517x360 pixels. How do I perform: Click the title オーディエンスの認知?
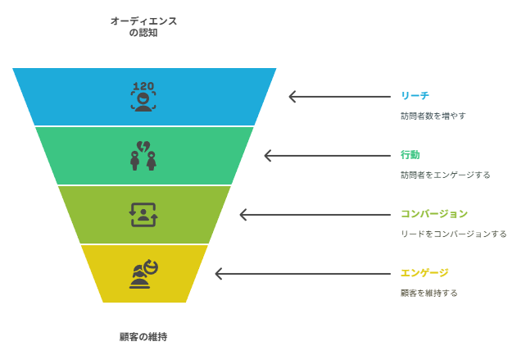pyautogui.click(x=143, y=27)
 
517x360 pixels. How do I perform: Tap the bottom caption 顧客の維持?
pyautogui.click(x=143, y=337)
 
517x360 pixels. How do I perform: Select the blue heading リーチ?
pyautogui.click(x=415, y=96)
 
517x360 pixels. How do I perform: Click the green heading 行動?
pyautogui.click(x=410, y=155)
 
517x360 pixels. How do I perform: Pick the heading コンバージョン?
pyautogui.click(x=434, y=214)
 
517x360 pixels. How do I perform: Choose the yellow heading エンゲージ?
pyautogui.click(x=424, y=273)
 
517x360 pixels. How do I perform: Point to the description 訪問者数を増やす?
pyautogui.click(x=433, y=116)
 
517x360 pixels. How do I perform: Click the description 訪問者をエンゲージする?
pyautogui.click(x=446, y=175)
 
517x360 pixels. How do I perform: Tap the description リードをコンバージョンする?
pyautogui.click(x=454, y=234)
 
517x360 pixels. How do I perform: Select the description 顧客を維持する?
pyautogui.click(x=429, y=293)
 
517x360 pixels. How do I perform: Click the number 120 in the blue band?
pyautogui.click(x=143, y=86)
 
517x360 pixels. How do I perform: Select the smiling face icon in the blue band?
pyautogui.click(x=143, y=102)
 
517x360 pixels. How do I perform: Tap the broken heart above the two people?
pyautogui.click(x=143, y=147)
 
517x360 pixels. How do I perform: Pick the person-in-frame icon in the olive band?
pyautogui.click(x=143, y=215)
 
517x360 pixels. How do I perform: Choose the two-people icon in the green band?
pyautogui.click(x=143, y=161)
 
